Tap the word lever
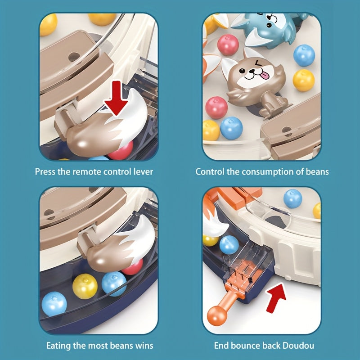tap(144, 171)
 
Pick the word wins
tap(143, 346)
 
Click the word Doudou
tap(299, 346)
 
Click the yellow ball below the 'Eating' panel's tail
tap(85, 286)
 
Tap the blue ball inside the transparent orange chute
tap(229, 244)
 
